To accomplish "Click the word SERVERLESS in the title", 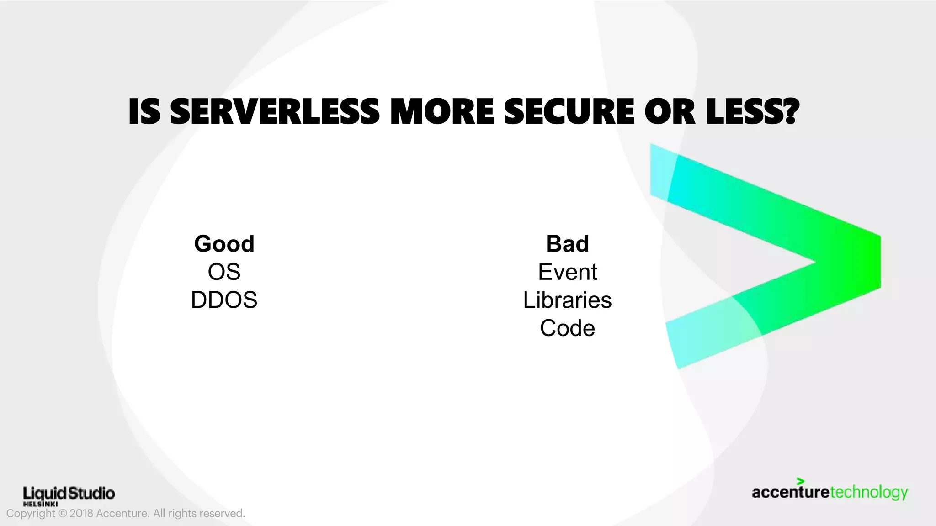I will [x=274, y=112].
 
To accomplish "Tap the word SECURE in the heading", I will [x=569, y=112].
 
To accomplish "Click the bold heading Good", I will [x=224, y=243].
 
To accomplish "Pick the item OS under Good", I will [x=224, y=272].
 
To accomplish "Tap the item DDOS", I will [x=224, y=300].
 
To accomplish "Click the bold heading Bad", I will [x=567, y=243].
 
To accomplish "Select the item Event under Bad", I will [x=567, y=272].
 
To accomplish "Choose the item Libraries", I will [x=567, y=300].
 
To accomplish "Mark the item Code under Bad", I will [x=567, y=328].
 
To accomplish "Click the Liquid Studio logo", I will [x=69, y=493].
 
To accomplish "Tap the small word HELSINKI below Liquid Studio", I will [x=40, y=504].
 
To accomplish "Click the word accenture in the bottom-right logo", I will [x=790, y=493].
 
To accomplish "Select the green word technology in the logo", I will [x=868, y=493].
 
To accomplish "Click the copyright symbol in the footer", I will [x=63, y=514].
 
